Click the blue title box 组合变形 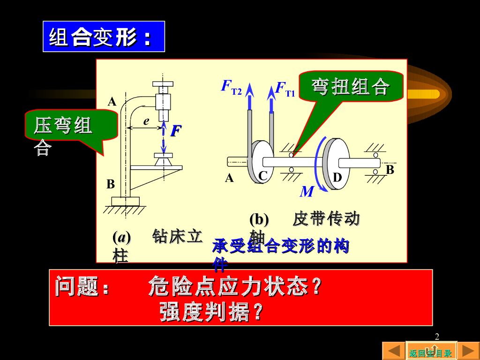point(104,37)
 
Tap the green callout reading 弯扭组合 point(351,86)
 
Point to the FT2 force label point(231,88)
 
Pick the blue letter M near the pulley point(307,191)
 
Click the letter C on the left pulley point(263,176)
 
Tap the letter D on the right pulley point(337,178)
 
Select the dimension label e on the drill point(146,121)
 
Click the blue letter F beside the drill point(175,131)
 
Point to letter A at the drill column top point(112,101)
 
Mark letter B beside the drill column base point(111,184)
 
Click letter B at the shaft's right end point(390,170)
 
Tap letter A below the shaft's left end point(229,178)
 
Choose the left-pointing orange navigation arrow point(394,351)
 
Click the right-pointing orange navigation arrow point(468,351)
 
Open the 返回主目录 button point(431,352)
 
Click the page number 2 point(437,337)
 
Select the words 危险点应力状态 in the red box point(229,286)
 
